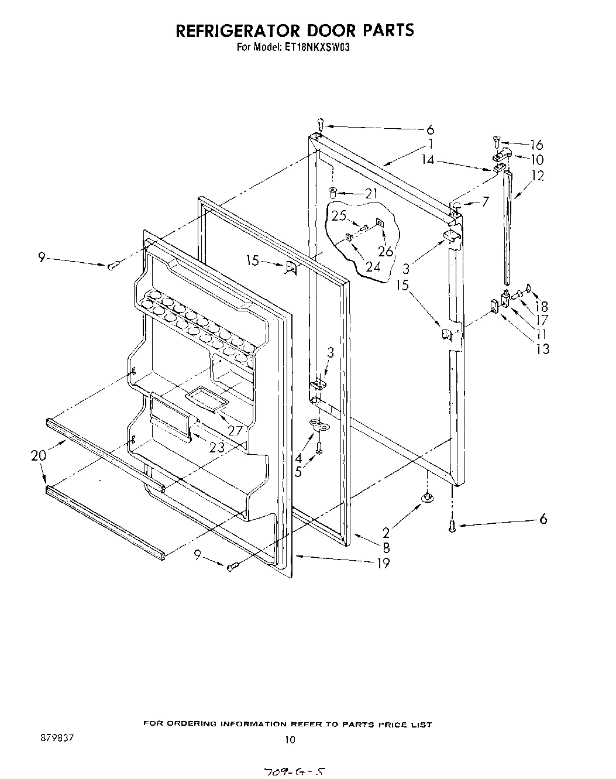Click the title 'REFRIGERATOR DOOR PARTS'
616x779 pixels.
point(295,30)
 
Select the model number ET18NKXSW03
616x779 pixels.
point(321,49)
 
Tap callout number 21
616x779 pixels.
point(371,193)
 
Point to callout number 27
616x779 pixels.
point(235,430)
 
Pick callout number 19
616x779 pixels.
point(383,563)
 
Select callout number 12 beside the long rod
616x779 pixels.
point(538,175)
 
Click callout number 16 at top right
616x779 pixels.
point(536,145)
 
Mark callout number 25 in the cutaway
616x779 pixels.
point(339,215)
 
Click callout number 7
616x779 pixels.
point(485,202)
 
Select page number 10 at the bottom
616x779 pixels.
point(290,740)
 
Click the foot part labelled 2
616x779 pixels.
point(427,497)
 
